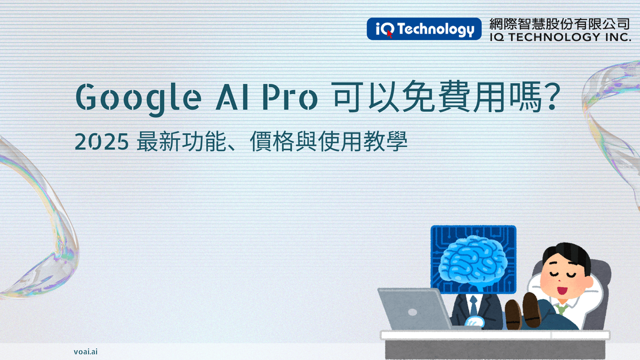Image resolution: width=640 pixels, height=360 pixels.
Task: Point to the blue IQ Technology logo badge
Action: click(x=421, y=29)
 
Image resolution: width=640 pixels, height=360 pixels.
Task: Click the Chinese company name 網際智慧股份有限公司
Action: click(x=559, y=25)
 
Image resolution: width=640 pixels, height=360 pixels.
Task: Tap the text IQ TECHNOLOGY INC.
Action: click(x=559, y=37)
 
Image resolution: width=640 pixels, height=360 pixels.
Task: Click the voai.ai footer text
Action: click(x=85, y=351)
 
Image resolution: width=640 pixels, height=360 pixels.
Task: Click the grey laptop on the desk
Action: click(x=413, y=309)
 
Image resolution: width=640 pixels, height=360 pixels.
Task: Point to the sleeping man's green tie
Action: click(x=559, y=308)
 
